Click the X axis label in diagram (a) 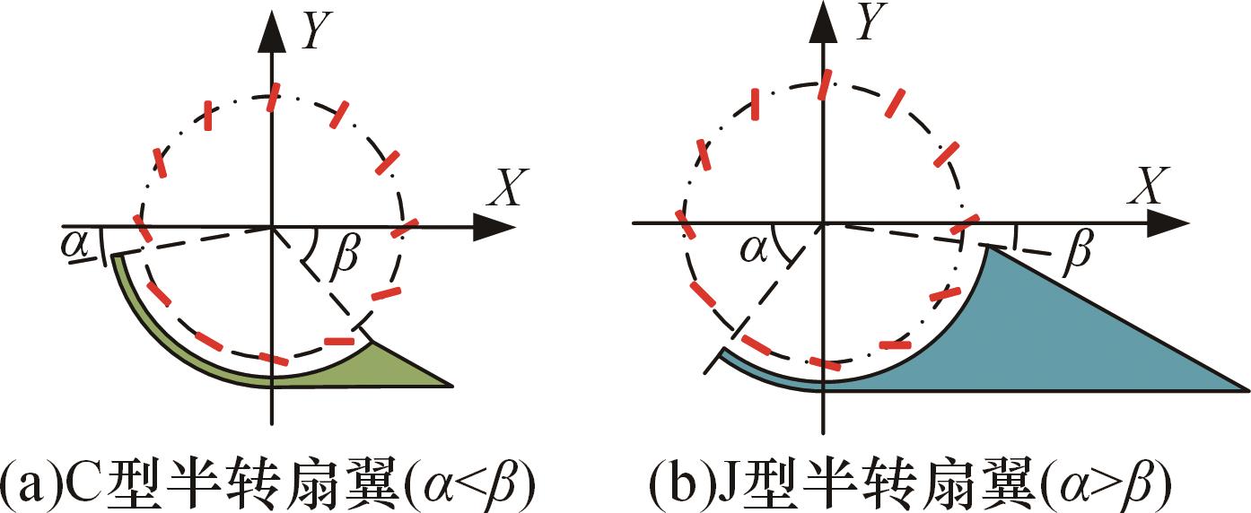tap(507, 187)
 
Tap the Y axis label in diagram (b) tap(872, 22)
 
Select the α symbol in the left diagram tap(75, 245)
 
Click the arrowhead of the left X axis tap(494, 227)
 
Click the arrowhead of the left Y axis tap(272, 31)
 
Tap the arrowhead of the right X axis tap(1168, 222)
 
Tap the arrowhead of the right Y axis tap(824, 22)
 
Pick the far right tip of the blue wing tap(1247, 390)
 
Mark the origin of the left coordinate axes tap(272, 227)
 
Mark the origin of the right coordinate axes tap(823, 223)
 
